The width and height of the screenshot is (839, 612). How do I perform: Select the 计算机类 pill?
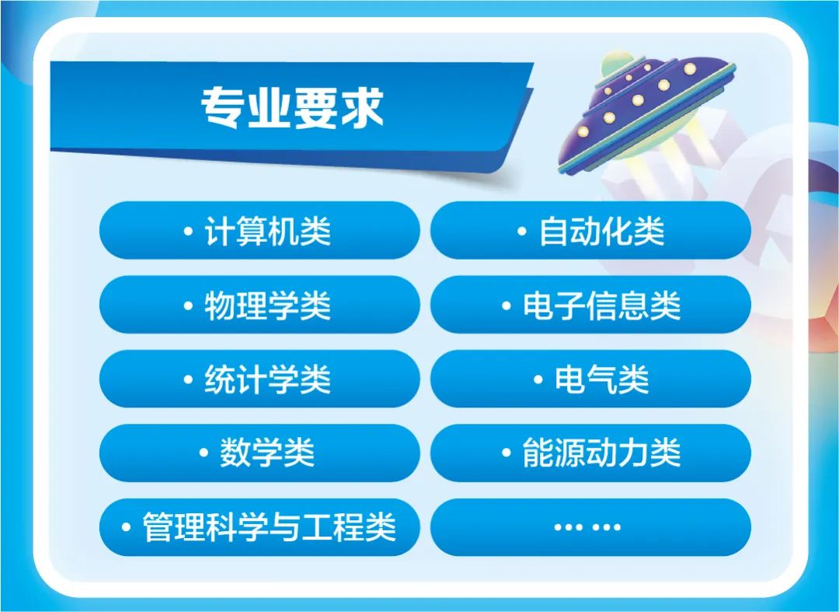tap(259, 231)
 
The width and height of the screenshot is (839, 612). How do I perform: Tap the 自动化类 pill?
tap(590, 231)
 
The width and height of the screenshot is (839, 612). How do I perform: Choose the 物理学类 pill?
tap(259, 306)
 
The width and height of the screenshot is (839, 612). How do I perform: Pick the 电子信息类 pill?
tap(590, 306)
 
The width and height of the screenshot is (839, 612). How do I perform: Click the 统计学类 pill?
tap(259, 379)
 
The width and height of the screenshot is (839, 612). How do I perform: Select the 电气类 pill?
tap(590, 379)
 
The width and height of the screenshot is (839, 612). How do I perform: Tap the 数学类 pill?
tap(259, 453)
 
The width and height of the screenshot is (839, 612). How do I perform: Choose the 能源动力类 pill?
tap(590, 453)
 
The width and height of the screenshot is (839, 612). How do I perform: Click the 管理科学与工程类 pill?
tap(259, 527)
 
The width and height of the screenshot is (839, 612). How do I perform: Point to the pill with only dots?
tap(590, 527)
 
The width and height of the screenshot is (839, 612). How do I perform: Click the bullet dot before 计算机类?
tap(188, 232)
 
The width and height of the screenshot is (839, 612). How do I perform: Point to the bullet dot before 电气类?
tap(538, 380)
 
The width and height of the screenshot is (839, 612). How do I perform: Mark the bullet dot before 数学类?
tap(204, 454)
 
